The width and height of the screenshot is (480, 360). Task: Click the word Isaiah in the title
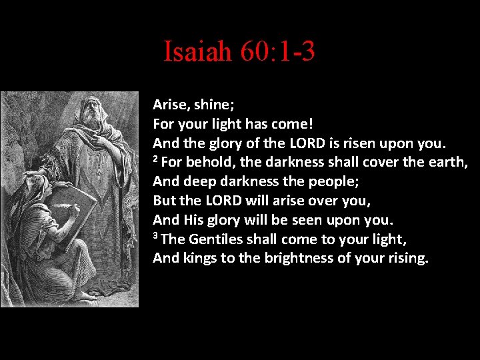[197, 51]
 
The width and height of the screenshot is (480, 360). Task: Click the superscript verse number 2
[156, 159]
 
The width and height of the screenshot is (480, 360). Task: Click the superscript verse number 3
[156, 237]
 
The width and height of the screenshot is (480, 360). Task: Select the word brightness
[299, 258]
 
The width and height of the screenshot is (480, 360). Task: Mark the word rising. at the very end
[406, 258]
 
